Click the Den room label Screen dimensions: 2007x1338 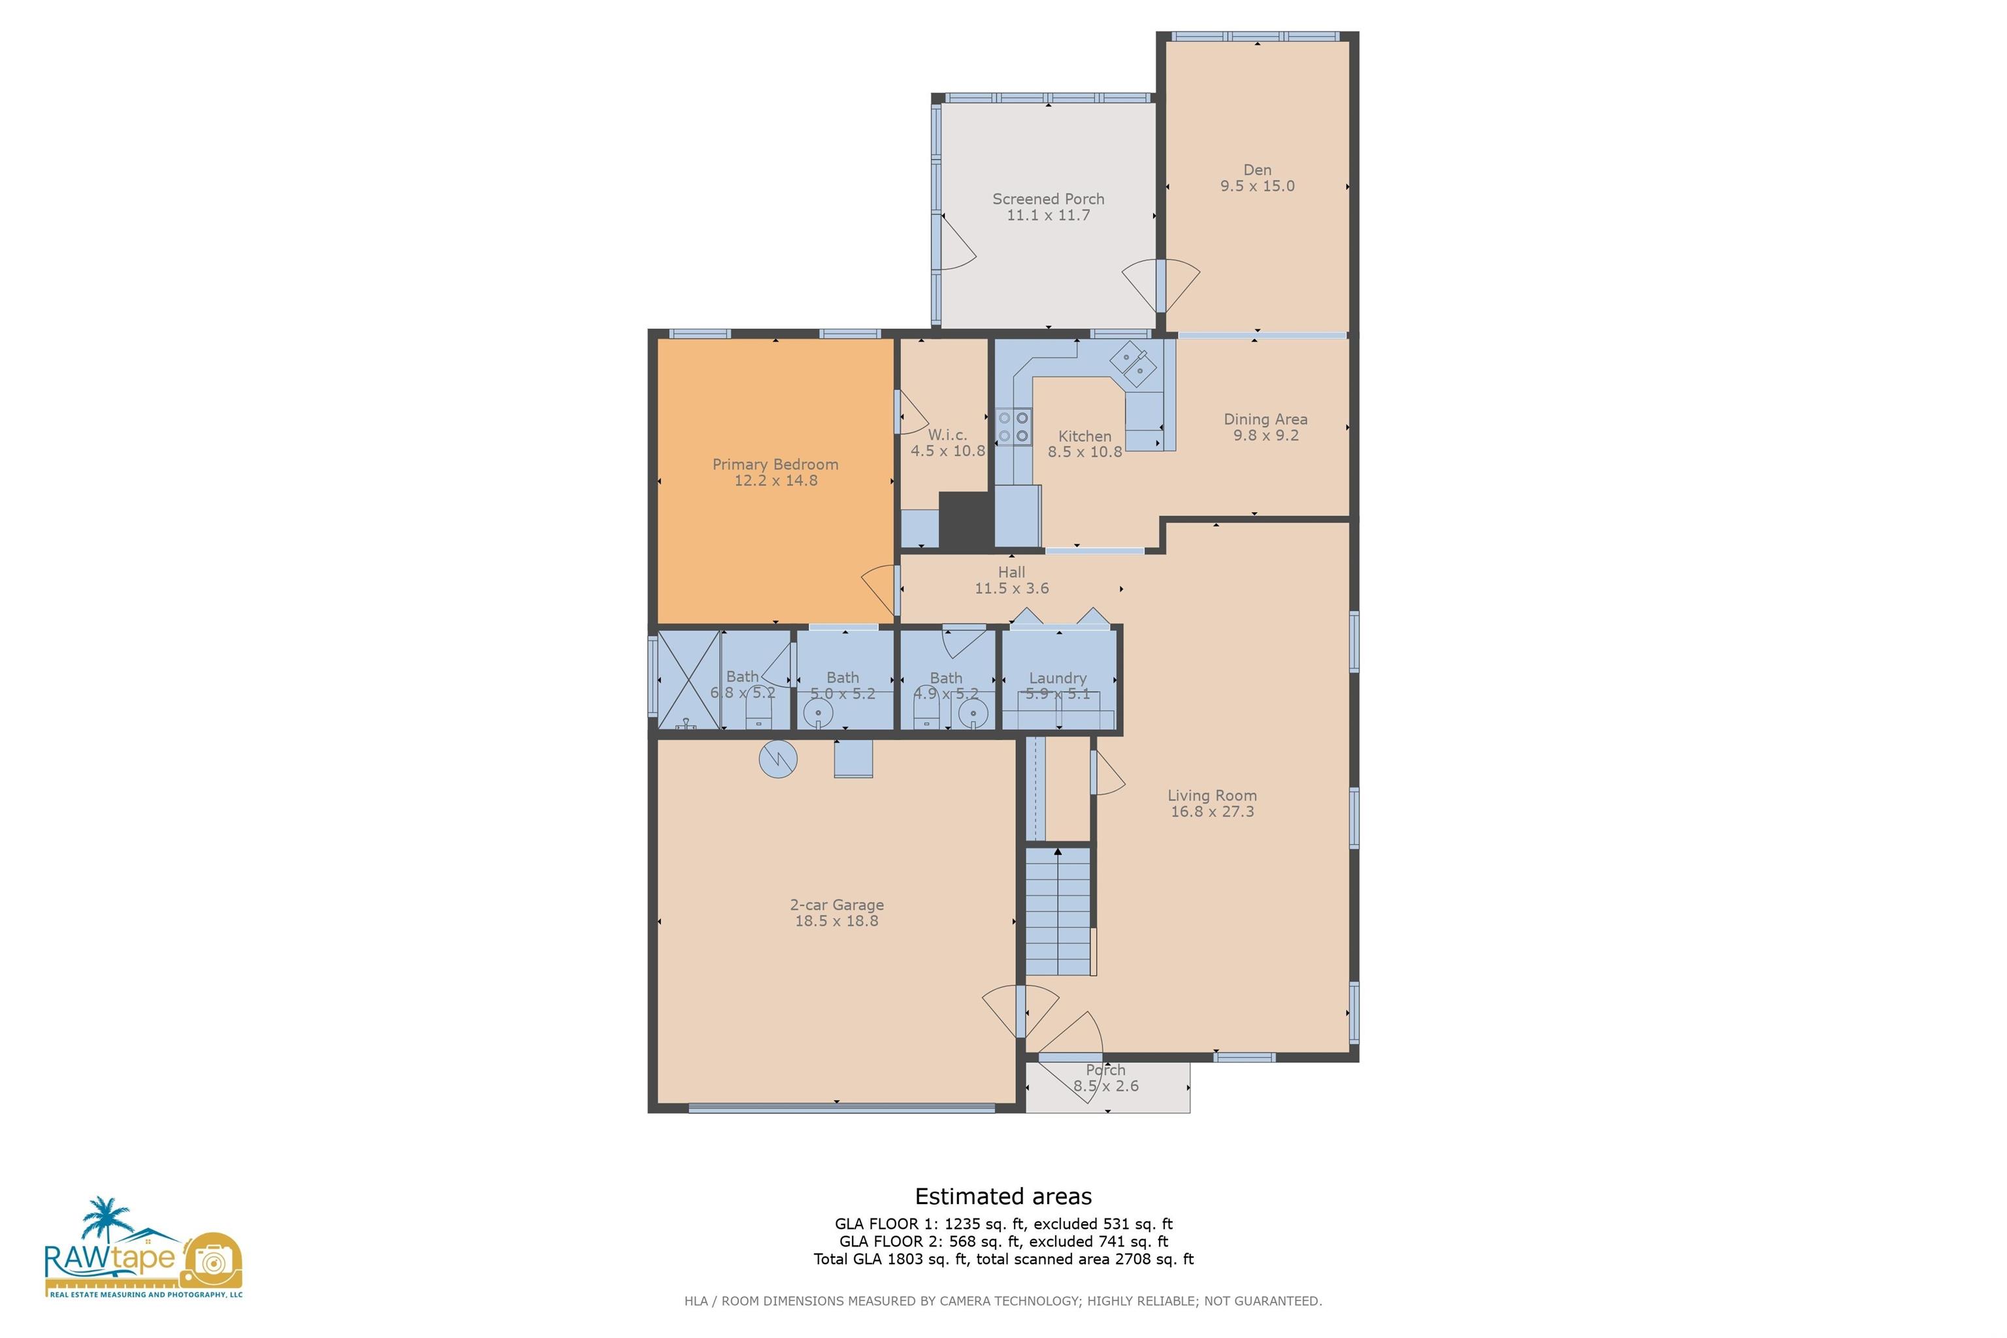pos(1257,170)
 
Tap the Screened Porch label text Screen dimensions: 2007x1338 pos(1048,199)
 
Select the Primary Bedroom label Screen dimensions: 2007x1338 pos(775,465)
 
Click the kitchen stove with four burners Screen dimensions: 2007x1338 pos(1013,427)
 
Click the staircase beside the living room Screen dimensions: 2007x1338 pos(1058,911)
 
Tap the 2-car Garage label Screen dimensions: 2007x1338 pos(836,904)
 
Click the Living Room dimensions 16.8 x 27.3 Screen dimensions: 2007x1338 pos(1212,811)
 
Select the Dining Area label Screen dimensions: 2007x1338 pos(1265,419)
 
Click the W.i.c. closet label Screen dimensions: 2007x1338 pos(947,434)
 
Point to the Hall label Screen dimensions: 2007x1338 pos(1011,572)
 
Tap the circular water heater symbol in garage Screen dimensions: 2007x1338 pos(777,759)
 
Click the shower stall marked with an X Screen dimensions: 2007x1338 pos(689,680)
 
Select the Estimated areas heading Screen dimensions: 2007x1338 pos(1003,1196)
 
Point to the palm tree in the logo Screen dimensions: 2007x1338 pos(105,1218)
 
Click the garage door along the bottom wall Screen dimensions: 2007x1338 pos(841,1107)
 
